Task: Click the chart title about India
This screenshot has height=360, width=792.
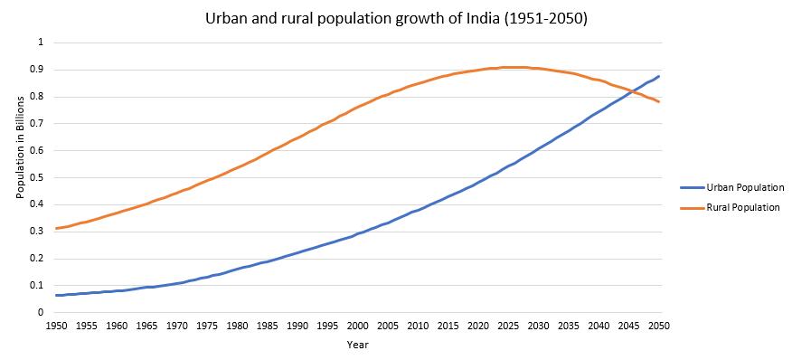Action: (396, 18)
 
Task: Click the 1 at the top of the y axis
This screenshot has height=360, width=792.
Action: (40, 43)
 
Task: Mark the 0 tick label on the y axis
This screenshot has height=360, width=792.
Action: (40, 312)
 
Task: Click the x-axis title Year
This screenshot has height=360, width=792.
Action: (357, 345)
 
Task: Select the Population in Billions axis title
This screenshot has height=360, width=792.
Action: (20, 177)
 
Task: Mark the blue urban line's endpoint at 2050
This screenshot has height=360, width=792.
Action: (659, 76)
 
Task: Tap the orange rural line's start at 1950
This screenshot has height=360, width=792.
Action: (56, 228)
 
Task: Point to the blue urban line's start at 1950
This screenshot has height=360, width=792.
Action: (56, 295)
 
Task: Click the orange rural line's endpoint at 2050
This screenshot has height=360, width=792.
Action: (659, 101)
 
